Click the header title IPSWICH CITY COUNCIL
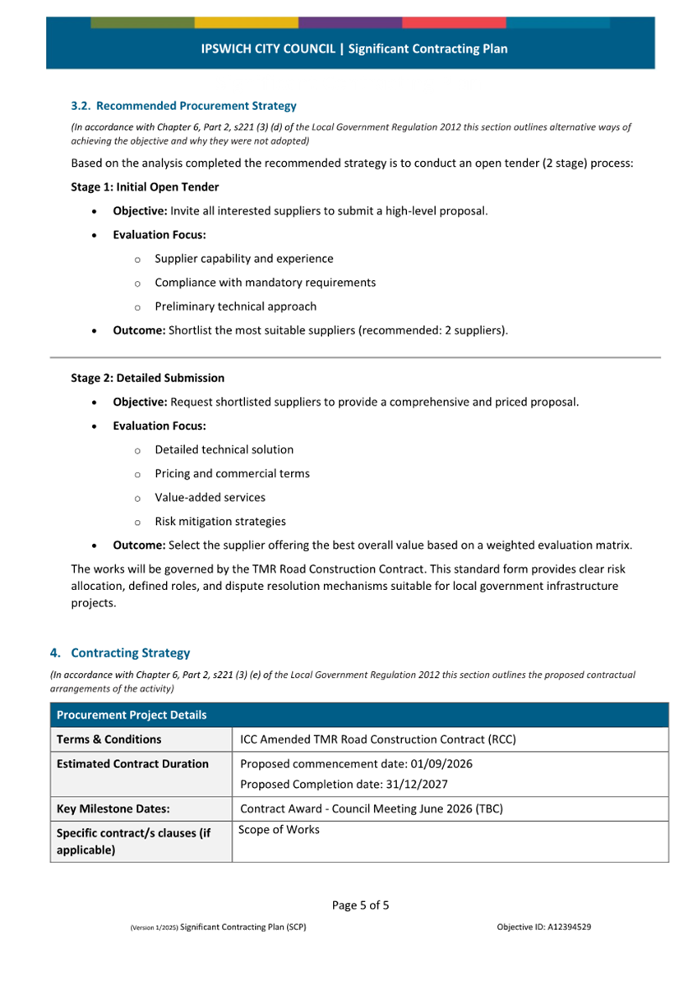click(x=268, y=49)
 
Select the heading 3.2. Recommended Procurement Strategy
click(x=183, y=106)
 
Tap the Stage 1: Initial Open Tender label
click(x=145, y=187)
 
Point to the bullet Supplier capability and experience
click(x=243, y=259)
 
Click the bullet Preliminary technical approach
click(x=235, y=306)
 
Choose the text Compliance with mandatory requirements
click(x=265, y=283)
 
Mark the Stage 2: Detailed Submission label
click(x=147, y=379)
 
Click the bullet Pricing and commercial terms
click(x=232, y=474)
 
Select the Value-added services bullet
click(x=210, y=498)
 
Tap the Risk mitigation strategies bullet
click(x=220, y=522)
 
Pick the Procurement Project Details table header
click(x=132, y=716)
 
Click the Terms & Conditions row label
click(x=109, y=739)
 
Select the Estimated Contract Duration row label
click(x=132, y=764)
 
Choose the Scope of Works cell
click(x=279, y=830)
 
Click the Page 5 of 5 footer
click(x=360, y=905)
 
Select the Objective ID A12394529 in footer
click(x=544, y=928)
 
